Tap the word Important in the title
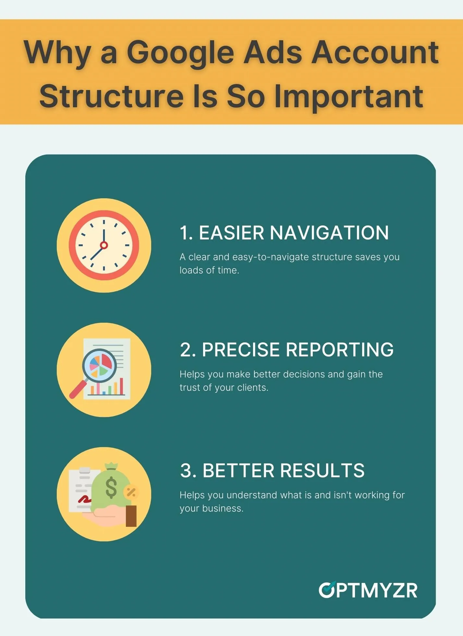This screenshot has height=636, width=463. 349,97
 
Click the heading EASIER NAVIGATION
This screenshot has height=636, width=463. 284,233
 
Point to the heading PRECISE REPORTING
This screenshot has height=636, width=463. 287,350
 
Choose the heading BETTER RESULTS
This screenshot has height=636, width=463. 272,470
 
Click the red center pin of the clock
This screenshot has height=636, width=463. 104,245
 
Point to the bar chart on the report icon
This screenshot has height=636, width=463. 106,387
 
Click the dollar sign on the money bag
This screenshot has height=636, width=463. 111,487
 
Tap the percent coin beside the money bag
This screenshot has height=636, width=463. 131,492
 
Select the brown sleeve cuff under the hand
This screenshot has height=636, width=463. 131,516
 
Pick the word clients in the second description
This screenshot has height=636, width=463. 252,387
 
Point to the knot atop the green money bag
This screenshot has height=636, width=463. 111,466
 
